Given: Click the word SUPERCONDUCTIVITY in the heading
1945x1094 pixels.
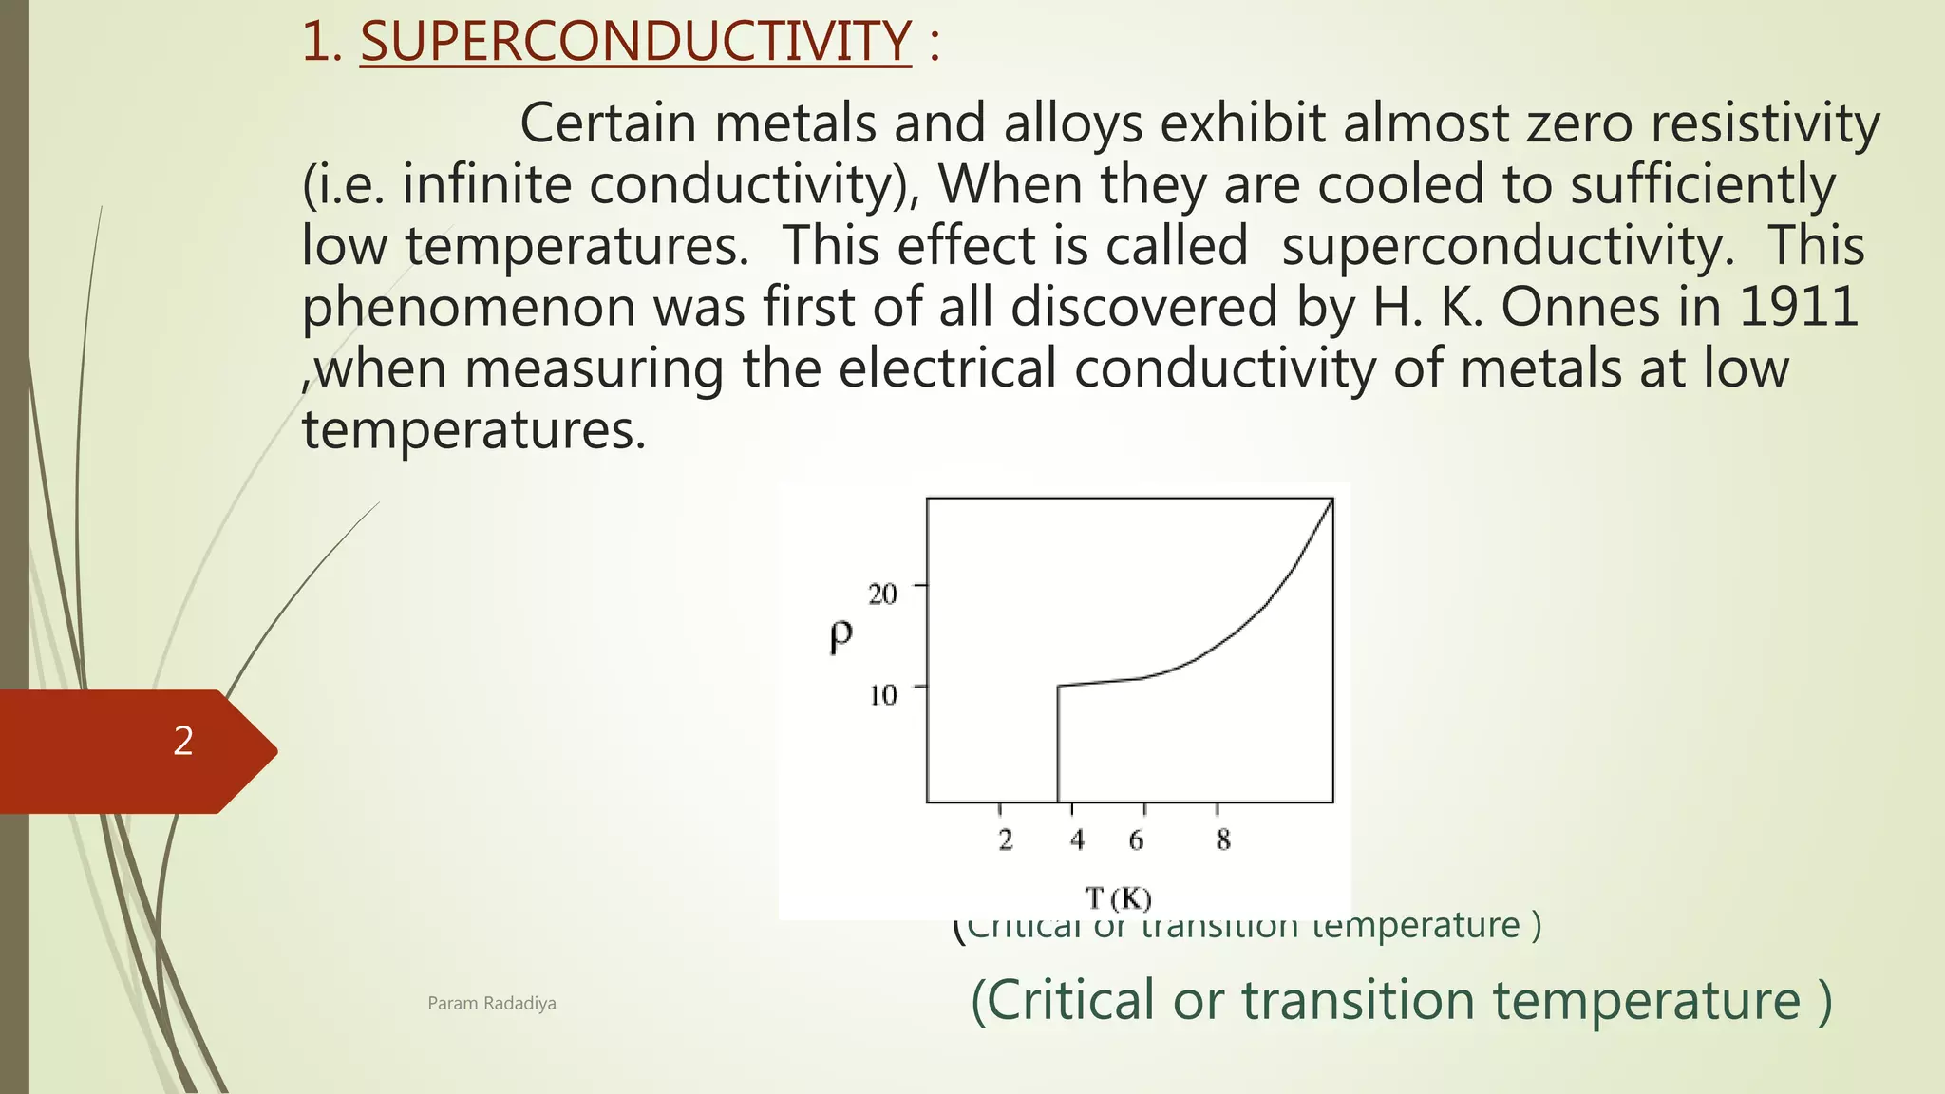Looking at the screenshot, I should [635, 43].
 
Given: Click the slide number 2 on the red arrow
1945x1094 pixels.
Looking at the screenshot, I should [183, 741].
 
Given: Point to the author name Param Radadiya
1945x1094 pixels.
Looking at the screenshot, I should [492, 1004].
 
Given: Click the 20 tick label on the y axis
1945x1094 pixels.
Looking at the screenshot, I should [882, 594].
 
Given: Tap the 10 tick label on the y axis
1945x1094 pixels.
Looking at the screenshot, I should [883, 696].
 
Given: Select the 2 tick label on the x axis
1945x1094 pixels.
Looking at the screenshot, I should [1006, 839].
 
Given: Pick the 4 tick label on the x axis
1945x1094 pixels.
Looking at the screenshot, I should [1077, 839].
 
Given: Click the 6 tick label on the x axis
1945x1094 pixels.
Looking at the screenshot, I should [1136, 839].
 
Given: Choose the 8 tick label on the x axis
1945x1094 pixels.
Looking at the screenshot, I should [1223, 839].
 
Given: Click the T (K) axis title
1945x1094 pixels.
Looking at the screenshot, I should [1118, 897].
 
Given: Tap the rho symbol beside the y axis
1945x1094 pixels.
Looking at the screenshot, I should [840, 636].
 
